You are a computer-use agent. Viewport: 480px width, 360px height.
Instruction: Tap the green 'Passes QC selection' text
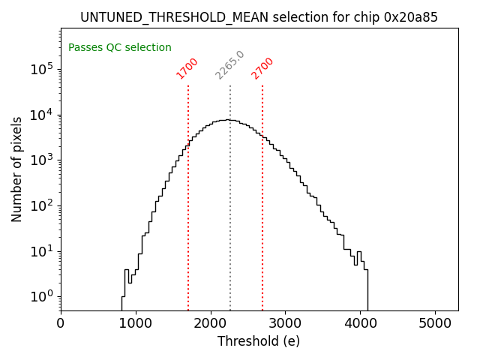120,48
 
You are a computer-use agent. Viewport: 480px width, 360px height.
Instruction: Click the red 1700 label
187,68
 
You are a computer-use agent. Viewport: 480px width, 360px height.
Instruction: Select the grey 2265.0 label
229,65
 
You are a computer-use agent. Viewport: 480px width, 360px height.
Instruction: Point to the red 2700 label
262,68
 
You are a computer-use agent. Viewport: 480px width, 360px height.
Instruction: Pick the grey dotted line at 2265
230,210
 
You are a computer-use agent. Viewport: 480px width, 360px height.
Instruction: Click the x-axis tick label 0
61,323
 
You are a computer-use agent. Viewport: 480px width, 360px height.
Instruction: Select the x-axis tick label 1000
136,323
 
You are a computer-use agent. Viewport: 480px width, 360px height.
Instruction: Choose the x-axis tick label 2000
211,323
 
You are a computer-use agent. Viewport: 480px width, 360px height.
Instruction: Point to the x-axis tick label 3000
286,323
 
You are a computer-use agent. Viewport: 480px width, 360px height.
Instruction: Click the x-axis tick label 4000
361,323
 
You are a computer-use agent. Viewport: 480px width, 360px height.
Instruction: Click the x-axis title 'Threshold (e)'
259,342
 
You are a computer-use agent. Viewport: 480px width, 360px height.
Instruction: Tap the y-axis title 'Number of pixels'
17,169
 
